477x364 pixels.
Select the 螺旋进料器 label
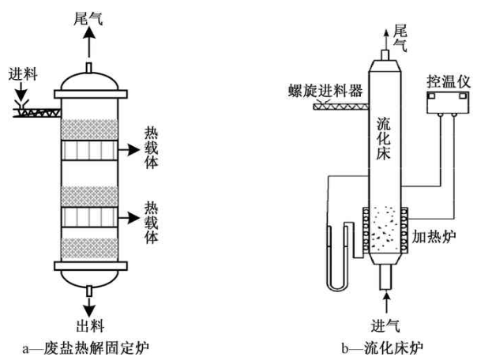[325, 90]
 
